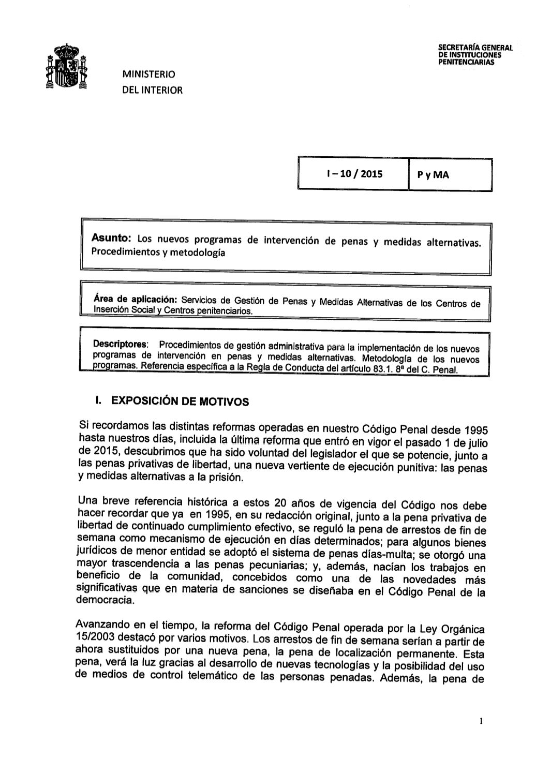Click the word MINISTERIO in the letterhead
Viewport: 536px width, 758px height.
pos(148,75)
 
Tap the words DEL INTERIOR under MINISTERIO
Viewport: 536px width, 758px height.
pos(152,91)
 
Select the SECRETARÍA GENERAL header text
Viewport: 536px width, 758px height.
pos(475,48)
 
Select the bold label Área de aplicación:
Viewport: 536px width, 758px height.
pos(136,300)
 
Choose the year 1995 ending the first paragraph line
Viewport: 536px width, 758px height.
pos(474,430)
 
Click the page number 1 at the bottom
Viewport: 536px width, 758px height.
pos(481,721)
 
